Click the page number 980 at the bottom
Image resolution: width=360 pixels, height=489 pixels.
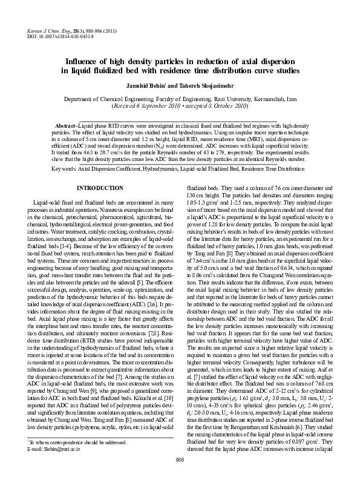tap(179, 477)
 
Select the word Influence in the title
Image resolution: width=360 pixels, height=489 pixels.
tap(86, 62)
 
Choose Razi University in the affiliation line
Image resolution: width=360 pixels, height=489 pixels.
tap(220, 97)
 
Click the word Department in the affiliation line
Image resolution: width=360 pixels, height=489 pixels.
tap(83, 97)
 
